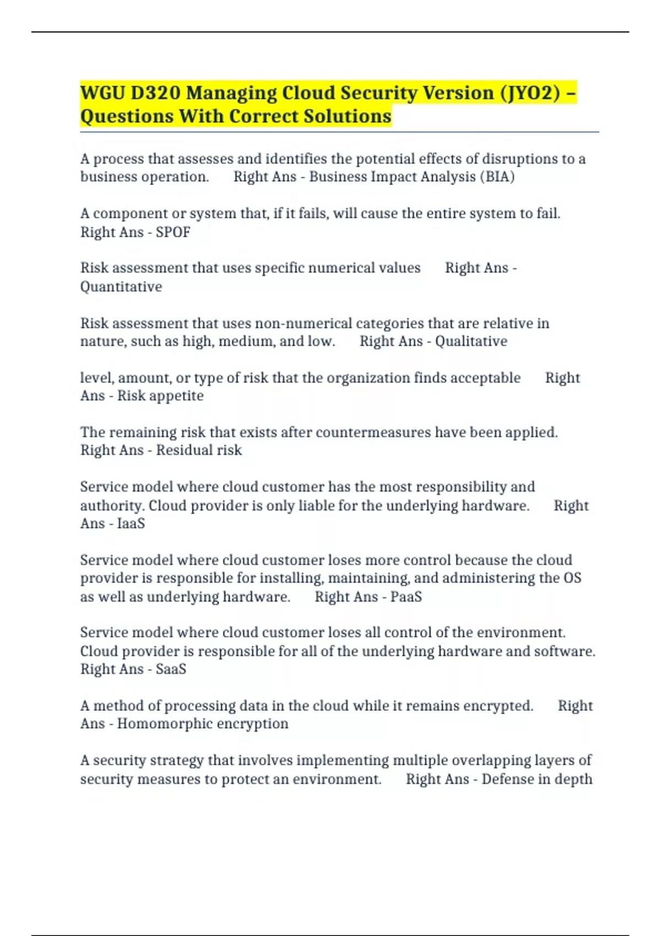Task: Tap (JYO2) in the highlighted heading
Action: coord(530,93)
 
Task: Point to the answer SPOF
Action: coord(173,232)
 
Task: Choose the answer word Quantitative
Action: coord(121,287)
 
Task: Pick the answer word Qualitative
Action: coord(471,341)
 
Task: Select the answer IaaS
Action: coord(131,524)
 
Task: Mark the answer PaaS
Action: coord(406,597)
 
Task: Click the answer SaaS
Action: coord(171,670)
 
